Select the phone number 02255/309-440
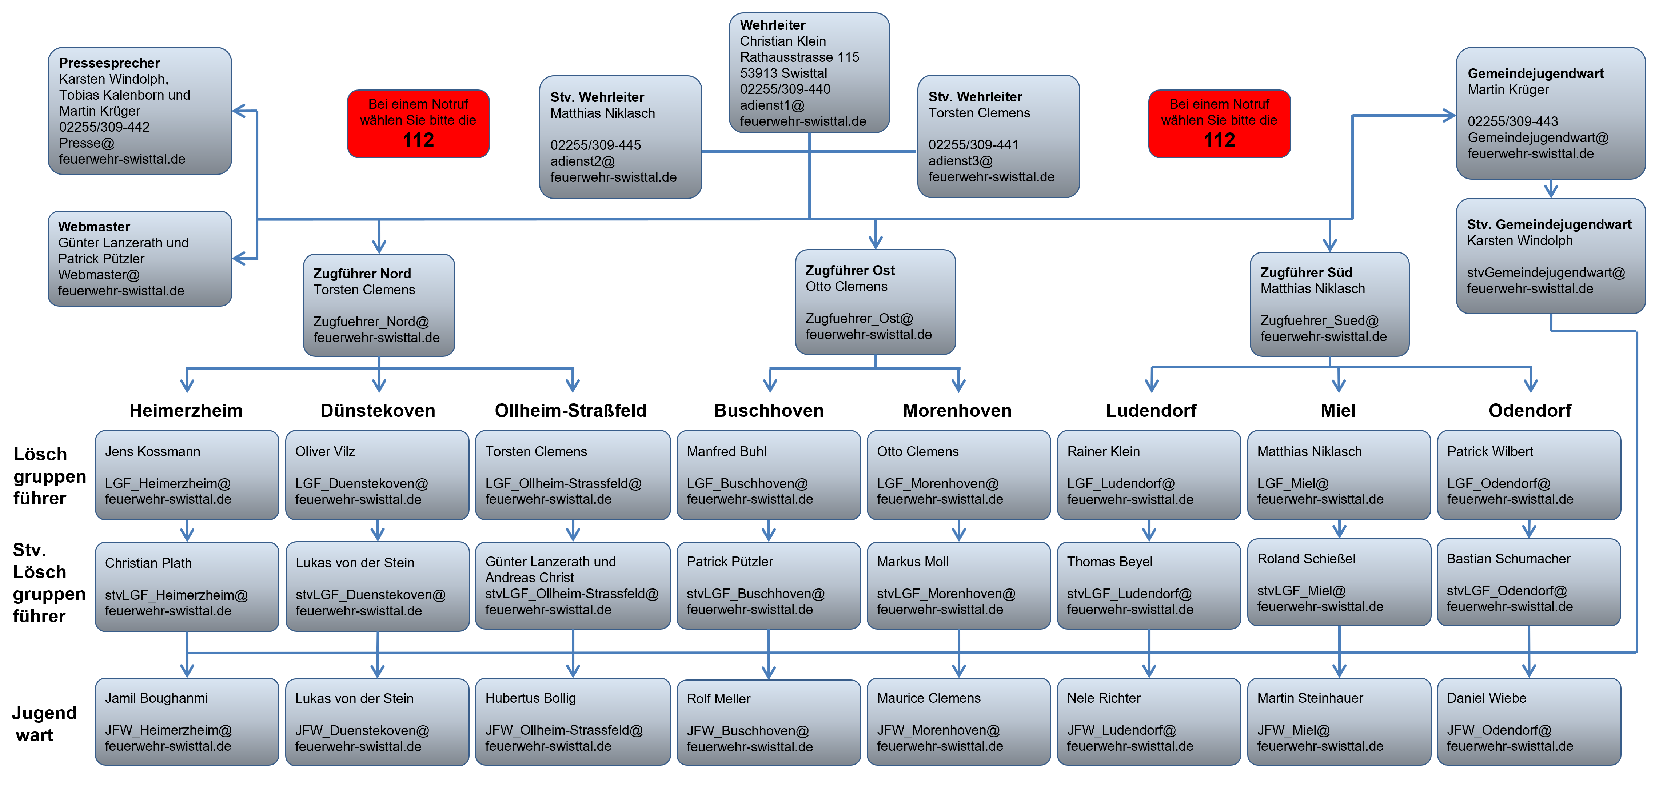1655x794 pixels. tap(785, 89)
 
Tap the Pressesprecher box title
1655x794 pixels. tap(109, 63)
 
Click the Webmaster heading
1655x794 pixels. tap(94, 227)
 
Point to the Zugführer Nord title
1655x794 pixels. tap(362, 274)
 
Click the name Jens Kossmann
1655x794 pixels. tap(152, 452)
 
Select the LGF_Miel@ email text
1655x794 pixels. tap(1293, 484)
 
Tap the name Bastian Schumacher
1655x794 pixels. tap(1508, 559)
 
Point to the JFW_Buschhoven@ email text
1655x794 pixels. tap(747, 731)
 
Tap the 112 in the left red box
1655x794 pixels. tap(418, 140)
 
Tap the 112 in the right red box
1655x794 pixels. tap(1219, 140)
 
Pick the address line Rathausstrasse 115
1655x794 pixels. tap(799, 57)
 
